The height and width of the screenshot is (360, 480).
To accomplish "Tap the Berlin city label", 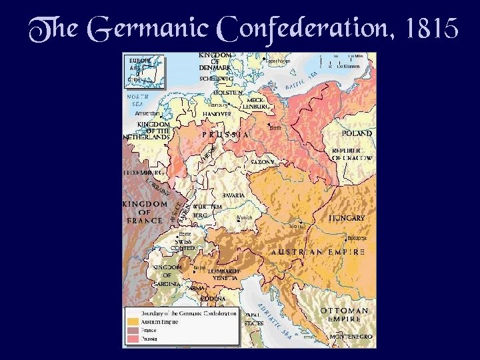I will (277, 127).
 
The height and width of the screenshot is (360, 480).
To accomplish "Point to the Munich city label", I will (245, 217).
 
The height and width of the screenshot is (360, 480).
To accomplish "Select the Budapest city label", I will (357, 237).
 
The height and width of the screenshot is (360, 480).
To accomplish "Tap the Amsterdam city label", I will (147, 113).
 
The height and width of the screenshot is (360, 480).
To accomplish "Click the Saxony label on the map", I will (263, 162).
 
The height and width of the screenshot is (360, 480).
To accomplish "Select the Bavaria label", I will (233, 195).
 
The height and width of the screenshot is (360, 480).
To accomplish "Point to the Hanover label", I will (217, 114).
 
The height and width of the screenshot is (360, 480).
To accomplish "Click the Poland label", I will (357, 133).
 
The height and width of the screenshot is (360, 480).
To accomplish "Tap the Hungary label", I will (347, 218).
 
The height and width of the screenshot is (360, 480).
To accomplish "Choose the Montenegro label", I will (346, 337).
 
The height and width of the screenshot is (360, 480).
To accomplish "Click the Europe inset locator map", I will (145, 71).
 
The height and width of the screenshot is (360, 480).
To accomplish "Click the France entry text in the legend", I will (148, 329).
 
